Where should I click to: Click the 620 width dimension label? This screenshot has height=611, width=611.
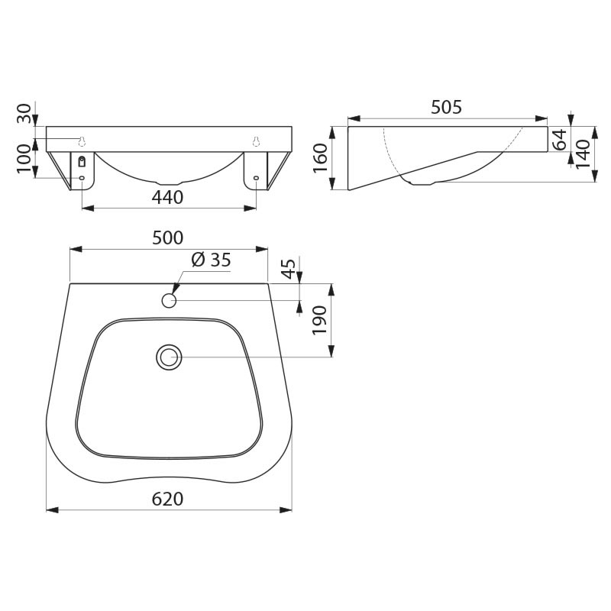point(167,499)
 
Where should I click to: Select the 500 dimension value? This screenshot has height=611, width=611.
point(167,238)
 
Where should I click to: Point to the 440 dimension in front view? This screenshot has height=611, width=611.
point(167,197)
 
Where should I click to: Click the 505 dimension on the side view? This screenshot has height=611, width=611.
point(446,108)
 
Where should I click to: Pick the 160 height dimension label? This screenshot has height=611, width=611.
point(321,158)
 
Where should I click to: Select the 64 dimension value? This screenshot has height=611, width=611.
point(559,140)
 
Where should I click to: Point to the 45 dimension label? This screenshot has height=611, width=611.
point(289,269)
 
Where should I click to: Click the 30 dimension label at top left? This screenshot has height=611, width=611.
point(25,114)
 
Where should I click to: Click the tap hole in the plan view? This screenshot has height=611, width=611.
point(169,300)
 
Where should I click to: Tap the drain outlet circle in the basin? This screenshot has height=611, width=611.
point(168,357)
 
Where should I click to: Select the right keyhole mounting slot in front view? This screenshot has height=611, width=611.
point(256,140)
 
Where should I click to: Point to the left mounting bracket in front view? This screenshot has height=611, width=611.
point(82,170)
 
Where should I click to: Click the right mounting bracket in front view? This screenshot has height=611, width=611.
point(256,170)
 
